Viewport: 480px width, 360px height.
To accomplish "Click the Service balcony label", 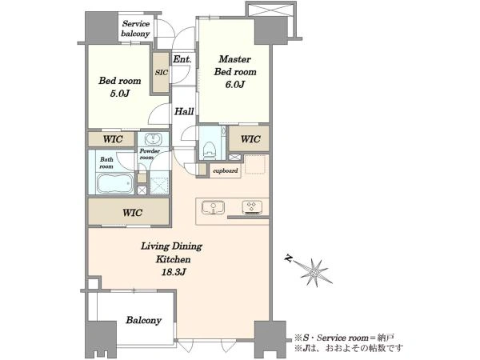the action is pyautogui.click(x=135, y=29).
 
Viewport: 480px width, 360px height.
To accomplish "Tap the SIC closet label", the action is pyautogui.click(x=162, y=73).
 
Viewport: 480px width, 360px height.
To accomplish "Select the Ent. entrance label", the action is pyautogui.click(x=182, y=59).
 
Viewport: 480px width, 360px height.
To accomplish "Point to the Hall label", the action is pyautogui.click(x=184, y=111).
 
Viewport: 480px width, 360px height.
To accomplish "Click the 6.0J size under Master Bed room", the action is pyautogui.click(x=234, y=85).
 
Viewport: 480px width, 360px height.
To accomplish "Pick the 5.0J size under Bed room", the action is pyautogui.click(x=120, y=94).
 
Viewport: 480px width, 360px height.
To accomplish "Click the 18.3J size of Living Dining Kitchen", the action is pyautogui.click(x=174, y=272).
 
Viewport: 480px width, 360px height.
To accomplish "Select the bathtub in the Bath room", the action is pyautogui.click(x=115, y=183).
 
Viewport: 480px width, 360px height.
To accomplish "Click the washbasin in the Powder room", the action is pyautogui.click(x=153, y=139).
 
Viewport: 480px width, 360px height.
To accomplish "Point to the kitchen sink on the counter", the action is pyautogui.click(x=213, y=207).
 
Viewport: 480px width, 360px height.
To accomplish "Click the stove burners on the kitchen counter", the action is pyautogui.click(x=252, y=207).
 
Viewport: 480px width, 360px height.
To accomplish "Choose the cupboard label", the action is pyautogui.click(x=225, y=171).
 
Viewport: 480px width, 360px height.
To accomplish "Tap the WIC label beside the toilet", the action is pyautogui.click(x=250, y=139).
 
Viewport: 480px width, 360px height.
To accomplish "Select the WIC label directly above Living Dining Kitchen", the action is pyautogui.click(x=132, y=213).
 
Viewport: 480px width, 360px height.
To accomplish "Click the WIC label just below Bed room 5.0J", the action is pyautogui.click(x=113, y=139).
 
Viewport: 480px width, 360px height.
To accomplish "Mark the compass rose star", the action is pyautogui.click(x=315, y=272).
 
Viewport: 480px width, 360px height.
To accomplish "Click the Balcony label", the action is pyautogui.click(x=143, y=321).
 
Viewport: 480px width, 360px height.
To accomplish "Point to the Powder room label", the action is pyautogui.click(x=150, y=154).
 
